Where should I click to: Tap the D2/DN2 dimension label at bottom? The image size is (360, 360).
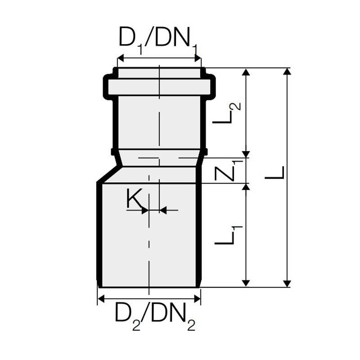[x=155, y=317]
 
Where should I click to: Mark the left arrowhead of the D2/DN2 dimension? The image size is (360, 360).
[x=101, y=298]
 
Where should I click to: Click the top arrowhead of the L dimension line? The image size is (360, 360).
[x=287, y=72]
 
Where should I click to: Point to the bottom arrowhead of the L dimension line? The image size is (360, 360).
[x=287, y=283]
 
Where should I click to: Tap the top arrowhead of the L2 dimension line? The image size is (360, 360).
[x=246, y=72]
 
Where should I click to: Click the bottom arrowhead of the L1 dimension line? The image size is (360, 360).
[x=246, y=283]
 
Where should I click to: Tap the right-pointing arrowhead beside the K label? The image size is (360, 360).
[x=144, y=210]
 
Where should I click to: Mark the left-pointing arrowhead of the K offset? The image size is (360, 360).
[x=163, y=210]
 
